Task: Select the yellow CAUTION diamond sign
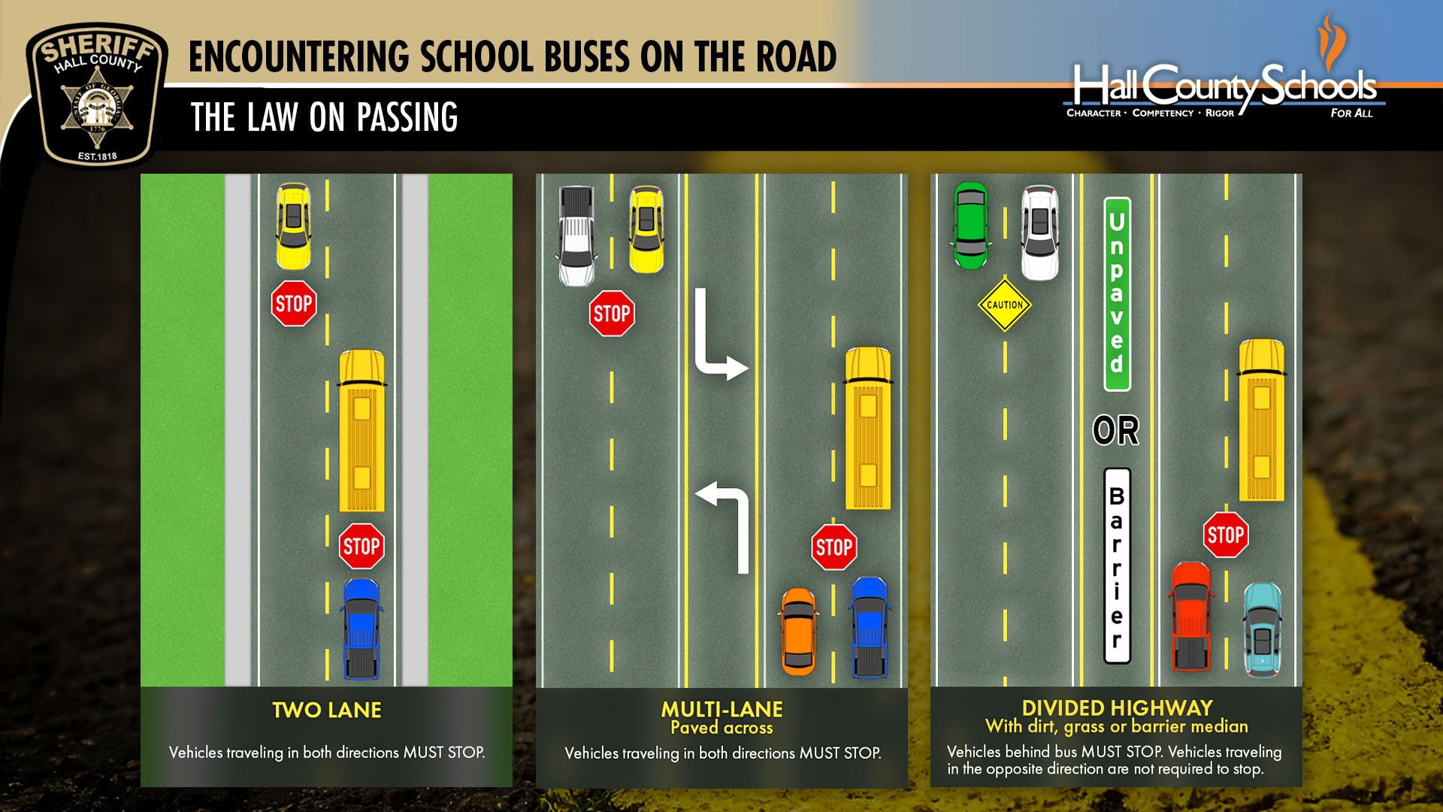tap(1005, 304)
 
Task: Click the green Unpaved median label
tap(1117, 294)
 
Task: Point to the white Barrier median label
tap(1117, 565)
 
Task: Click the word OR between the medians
tap(1116, 431)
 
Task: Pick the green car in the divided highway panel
tap(971, 225)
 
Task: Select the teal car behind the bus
tap(1263, 629)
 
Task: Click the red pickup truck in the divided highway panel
tap(1191, 617)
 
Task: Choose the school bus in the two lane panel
tap(362, 431)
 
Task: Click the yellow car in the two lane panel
tap(293, 226)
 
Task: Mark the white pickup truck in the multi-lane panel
tap(576, 236)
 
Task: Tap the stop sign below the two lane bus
tap(362, 547)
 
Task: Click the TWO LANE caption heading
tap(327, 710)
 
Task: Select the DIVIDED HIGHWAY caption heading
tap(1117, 708)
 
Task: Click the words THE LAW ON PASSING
tap(325, 117)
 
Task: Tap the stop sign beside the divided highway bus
tap(1226, 535)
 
